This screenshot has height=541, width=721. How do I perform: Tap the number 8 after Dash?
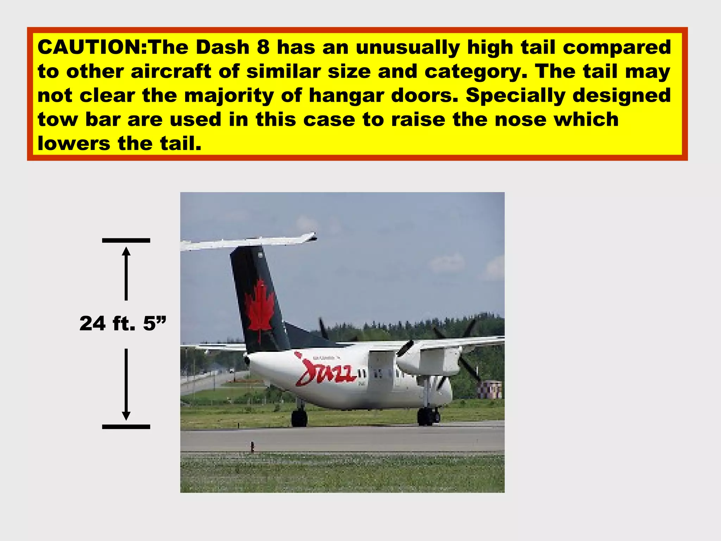(263, 47)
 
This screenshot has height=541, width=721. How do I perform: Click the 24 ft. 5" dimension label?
(123, 323)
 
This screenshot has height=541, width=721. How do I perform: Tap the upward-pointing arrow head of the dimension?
(126, 251)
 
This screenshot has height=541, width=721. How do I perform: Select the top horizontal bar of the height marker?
(126, 241)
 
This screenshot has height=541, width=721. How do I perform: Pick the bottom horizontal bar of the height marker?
(126, 427)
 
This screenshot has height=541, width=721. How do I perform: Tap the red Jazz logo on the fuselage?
(326, 372)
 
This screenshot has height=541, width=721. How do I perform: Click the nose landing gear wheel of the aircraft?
(299, 418)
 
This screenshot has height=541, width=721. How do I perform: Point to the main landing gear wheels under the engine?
(427, 416)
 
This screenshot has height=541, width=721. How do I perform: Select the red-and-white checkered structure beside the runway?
(490, 390)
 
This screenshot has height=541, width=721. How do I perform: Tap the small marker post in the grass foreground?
(252, 446)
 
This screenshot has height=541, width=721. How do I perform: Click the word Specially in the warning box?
(515, 96)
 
